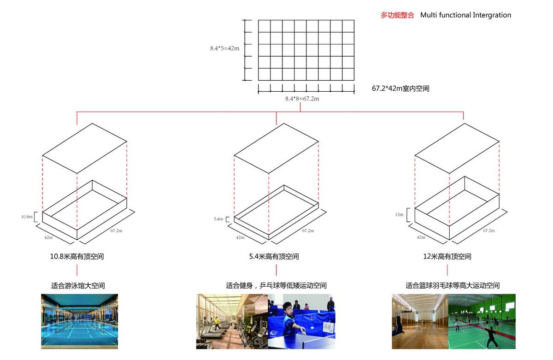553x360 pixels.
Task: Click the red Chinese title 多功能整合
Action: [397, 15]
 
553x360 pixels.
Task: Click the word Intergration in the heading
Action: [492, 15]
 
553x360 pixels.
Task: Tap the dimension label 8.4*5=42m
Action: [225, 48]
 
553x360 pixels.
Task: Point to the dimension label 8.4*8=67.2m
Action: [302, 99]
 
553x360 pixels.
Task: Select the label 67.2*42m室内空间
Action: [400, 89]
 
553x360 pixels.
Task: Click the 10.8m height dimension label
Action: [27, 217]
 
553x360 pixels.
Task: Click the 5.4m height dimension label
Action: [218, 219]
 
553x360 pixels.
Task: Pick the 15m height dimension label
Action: [399, 214]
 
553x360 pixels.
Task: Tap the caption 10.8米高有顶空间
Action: [77, 257]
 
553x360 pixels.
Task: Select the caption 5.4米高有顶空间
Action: [274, 257]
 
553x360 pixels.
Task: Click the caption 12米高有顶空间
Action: [447, 257]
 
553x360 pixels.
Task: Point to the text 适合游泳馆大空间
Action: [78, 286]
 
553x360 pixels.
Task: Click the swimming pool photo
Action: [79, 321]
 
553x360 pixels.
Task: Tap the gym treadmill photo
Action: [232, 321]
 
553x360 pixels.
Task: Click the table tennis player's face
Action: [288, 309]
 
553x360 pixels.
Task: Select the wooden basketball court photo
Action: [420, 321]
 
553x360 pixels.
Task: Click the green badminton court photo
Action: [482, 321]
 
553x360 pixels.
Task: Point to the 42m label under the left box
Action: [48, 237]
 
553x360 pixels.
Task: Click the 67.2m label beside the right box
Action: [489, 230]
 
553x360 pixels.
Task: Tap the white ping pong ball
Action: [312, 328]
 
